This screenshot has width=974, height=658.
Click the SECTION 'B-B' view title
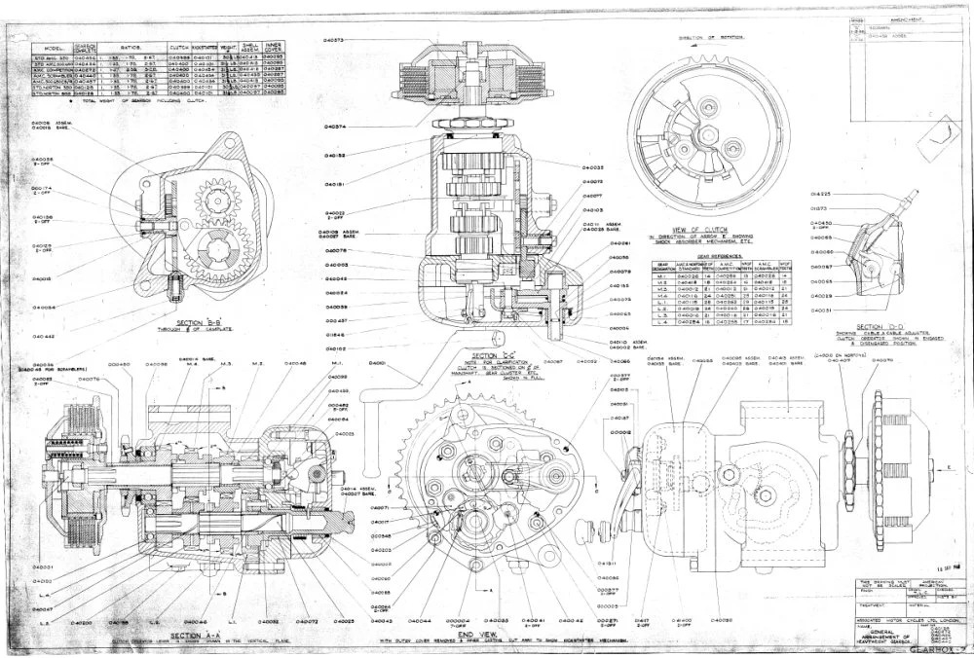click(x=178, y=322)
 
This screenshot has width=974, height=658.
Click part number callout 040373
click(x=337, y=40)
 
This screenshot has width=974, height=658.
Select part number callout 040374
click(x=337, y=128)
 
